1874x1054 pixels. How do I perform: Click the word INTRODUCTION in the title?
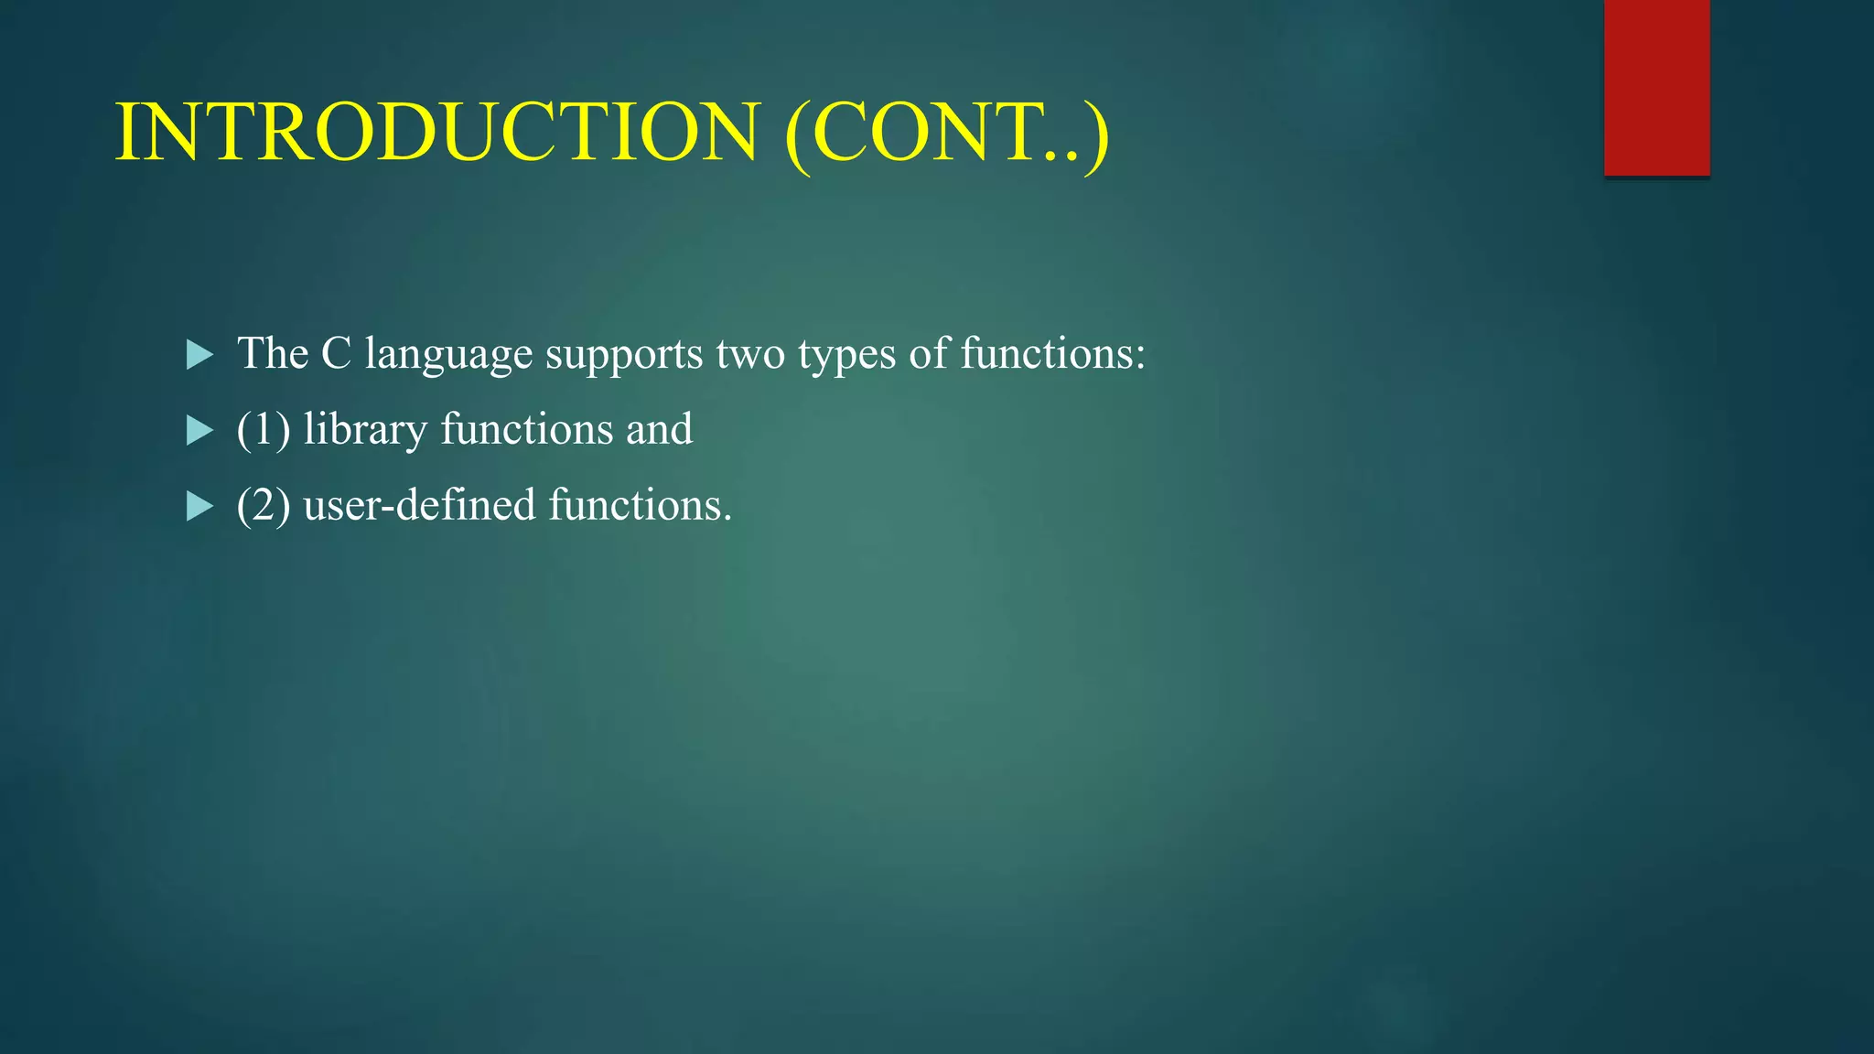(437, 133)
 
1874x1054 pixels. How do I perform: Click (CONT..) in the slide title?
(947, 134)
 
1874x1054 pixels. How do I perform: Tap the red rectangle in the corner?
(1656, 87)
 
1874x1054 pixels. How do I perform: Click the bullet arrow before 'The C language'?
(199, 355)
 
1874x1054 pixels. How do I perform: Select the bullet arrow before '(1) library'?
(199, 431)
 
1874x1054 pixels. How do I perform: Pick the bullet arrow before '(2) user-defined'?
(199, 507)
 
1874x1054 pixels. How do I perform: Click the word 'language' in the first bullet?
(448, 355)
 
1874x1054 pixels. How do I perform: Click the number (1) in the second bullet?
(264, 430)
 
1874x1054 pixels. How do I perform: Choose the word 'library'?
(365, 430)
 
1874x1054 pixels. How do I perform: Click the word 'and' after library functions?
(659, 429)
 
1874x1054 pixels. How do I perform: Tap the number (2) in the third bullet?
(264, 506)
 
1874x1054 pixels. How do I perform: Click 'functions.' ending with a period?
(640, 505)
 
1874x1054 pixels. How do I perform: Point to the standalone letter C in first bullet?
(336, 353)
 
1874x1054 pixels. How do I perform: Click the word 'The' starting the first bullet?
(273, 353)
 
